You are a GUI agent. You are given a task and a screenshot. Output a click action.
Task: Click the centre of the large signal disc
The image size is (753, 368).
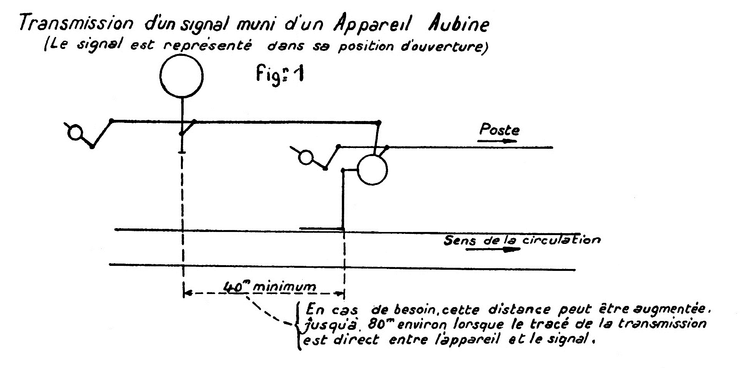181,76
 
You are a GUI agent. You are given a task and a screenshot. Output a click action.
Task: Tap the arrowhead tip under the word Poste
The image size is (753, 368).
516,141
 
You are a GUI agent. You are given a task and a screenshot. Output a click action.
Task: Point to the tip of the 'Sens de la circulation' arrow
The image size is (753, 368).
520,249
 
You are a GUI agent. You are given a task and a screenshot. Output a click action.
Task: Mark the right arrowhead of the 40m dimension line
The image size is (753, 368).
343,294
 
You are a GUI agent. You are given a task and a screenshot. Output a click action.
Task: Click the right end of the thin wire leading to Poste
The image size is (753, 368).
552,147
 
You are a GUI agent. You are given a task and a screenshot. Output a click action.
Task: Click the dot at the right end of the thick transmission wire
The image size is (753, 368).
378,123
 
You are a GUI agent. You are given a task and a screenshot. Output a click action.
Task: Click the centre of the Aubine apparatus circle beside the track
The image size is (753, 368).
372,170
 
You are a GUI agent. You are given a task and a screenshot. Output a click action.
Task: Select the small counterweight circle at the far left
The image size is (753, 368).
75,133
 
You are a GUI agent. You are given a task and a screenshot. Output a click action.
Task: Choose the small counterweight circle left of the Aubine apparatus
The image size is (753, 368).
306,158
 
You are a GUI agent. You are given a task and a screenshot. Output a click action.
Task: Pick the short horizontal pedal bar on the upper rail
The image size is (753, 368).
321,229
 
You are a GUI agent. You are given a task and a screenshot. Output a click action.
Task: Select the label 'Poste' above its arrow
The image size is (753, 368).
500,130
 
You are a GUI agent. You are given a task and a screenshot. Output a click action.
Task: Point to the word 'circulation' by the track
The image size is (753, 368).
561,240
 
